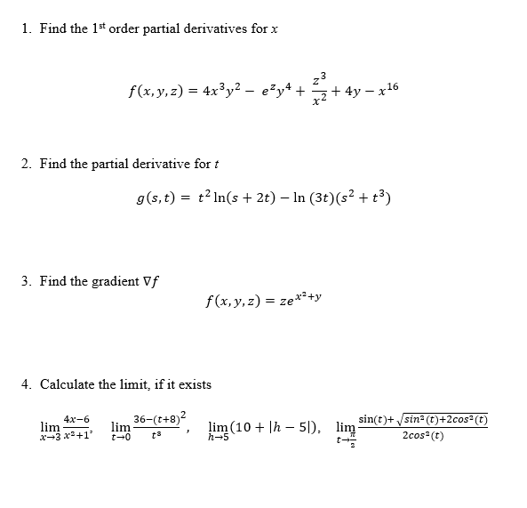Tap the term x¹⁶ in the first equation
pos(387,89)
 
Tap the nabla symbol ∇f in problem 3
pos(149,281)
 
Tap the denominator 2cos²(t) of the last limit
pos(423,435)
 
